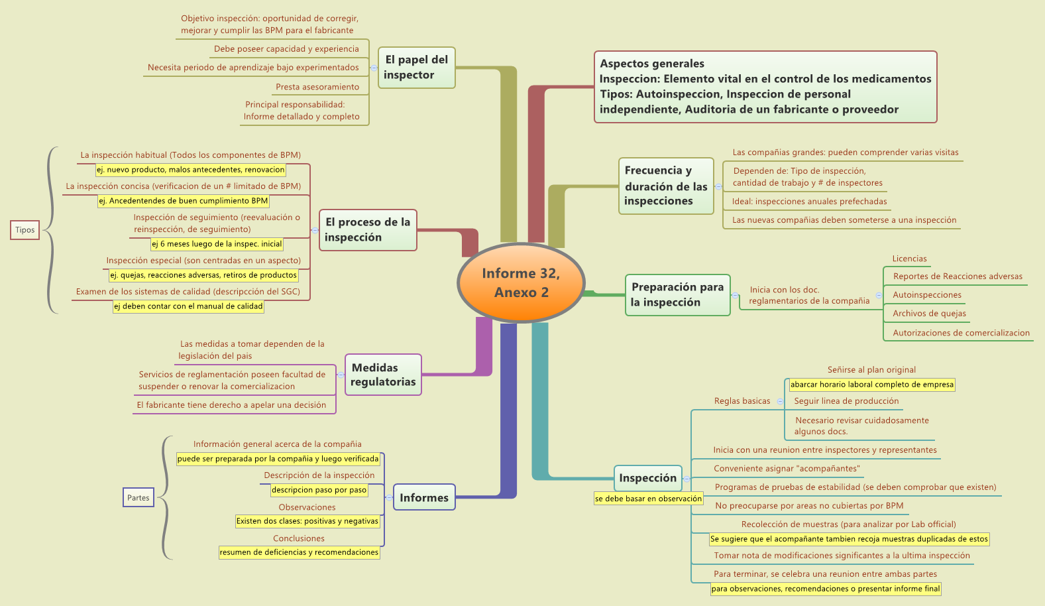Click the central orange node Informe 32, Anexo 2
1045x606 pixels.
(522, 283)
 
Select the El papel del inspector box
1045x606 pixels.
(416, 68)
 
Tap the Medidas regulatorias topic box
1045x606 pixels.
(383, 375)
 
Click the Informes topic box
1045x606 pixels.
(424, 497)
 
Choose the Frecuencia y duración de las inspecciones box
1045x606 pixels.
(666, 186)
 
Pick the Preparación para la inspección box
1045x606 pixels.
(677, 295)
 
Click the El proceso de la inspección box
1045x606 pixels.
(368, 229)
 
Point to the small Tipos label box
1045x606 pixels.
(25, 230)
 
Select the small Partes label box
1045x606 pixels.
(138, 497)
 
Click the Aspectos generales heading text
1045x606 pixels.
(652, 64)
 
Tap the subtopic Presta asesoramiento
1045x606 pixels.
(317, 87)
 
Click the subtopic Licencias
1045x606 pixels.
(909, 259)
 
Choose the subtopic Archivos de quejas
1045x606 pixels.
(929, 314)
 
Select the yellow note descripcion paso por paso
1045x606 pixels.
(319, 490)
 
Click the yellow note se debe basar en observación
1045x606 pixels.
(648, 499)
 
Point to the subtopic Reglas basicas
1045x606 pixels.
(742, 401)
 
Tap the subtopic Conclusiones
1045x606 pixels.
(299, 538)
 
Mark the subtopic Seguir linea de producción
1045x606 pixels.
(846, 401)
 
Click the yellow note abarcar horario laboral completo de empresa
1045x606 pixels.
(871, 385)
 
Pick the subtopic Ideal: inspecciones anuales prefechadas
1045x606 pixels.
(809, 202)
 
